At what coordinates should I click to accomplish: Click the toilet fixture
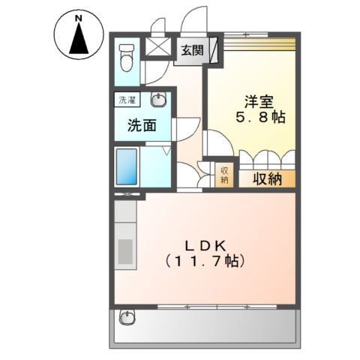[127, 56]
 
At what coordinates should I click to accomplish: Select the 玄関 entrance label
[191, 50]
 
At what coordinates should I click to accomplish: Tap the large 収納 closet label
[266, 178]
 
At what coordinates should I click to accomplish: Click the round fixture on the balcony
[127, 318]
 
